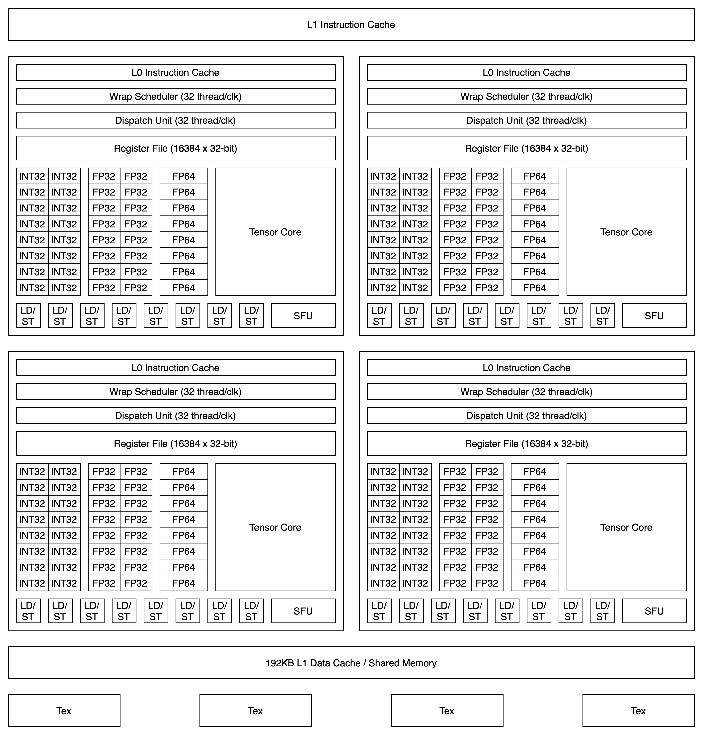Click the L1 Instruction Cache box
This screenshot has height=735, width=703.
pyautogui.click(x=351, y=24)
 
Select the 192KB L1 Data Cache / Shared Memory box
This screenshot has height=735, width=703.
pyautogui.click(x=351, y=663)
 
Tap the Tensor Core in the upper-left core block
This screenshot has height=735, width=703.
pyautogui.click(x=275, y=232)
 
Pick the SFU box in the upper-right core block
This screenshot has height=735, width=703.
pyautogui.click(x=654, y=316)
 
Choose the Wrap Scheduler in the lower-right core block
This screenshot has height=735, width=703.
pyautogui.click(x=526, y=392)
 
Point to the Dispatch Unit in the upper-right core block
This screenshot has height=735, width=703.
pyautogui.click(x=526, y=120)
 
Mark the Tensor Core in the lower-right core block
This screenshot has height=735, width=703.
pyautogui.click(x=626, y=527)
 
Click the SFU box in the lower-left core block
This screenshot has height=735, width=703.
pyautogui.click(x=303, y=611)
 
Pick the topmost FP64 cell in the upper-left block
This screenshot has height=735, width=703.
pyautogui.click(x=184, y=176)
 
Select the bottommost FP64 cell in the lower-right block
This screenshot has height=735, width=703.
pyautogui.click(x=535, y=583)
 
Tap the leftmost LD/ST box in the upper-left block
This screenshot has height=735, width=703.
pyautogui.click(x=28, y=316)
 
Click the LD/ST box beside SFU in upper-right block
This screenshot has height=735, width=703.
pyautogui.click(x=603, y=316)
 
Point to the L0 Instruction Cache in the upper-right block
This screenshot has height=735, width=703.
pyautogui.click(x=526, y=72)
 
